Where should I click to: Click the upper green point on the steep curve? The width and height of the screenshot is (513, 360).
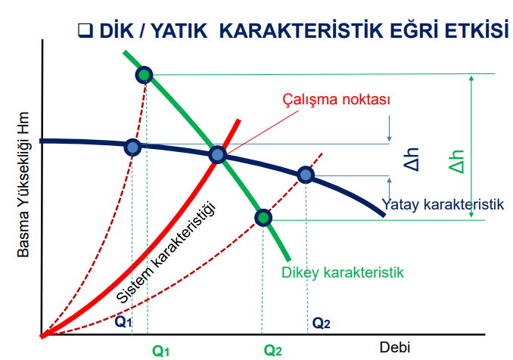144,75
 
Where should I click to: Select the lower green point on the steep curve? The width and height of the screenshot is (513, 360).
263,218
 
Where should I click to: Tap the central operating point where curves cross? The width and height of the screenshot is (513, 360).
217,154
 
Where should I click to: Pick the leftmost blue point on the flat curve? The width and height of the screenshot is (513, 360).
132,147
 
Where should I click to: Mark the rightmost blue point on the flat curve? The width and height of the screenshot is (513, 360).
306,175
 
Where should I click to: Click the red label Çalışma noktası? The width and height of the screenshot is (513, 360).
337,99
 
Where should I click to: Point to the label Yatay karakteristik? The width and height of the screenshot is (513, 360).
443,204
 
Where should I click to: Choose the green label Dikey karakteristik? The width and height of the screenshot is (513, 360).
343,272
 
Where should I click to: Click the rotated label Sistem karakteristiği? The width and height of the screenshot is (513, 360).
166,253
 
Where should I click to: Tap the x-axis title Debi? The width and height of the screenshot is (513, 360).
394,347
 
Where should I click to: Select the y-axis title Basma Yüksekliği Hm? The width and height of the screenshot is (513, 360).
23,185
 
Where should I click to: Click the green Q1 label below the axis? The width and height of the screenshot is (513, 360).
160,351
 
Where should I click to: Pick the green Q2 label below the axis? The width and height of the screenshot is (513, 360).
272,351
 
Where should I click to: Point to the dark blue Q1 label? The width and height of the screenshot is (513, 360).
123,321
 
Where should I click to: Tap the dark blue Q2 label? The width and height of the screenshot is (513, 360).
322,323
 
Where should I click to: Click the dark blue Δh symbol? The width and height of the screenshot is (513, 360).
412,160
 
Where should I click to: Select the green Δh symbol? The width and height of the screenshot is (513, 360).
456,162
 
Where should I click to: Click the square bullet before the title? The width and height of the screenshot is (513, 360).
85,30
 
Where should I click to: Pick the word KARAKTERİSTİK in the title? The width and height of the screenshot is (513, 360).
301,30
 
